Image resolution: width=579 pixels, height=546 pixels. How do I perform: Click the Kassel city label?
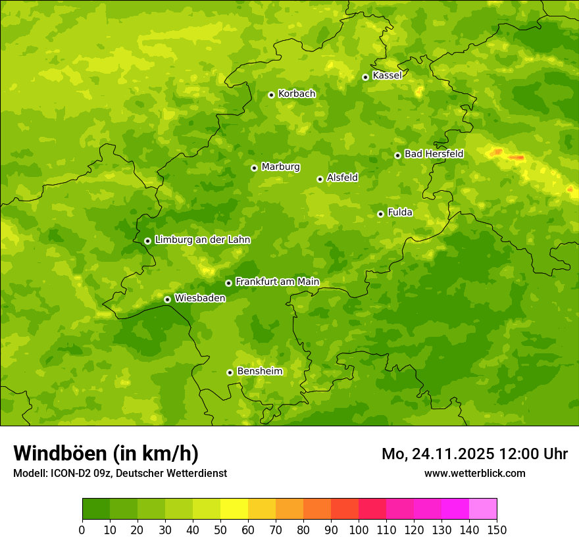(387, 76)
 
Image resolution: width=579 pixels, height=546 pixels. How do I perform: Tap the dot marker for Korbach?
(271, 95)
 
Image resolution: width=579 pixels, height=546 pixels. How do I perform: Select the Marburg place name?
(280, 167)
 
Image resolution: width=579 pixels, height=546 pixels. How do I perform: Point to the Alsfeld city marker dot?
(320, 179)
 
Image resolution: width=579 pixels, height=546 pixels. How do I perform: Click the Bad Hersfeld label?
(434, 154)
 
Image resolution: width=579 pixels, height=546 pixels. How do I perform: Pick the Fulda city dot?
(380, 214)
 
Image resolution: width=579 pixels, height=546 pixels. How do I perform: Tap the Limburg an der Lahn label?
(202, 240)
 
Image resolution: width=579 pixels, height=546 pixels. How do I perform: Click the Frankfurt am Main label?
(277, 282)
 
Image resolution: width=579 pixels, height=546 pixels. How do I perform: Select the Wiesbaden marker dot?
(167, 299)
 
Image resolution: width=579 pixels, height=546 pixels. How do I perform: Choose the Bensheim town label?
(259, 372)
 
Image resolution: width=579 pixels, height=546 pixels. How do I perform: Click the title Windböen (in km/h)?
(106, 453)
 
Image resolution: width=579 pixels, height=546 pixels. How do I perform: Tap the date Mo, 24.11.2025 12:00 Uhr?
(474, 454)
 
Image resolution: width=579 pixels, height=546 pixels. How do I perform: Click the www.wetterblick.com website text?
(474, 473)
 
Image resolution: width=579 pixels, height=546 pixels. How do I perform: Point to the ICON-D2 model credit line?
(120, 473)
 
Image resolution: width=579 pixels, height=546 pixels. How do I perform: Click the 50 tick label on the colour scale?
(220, 530)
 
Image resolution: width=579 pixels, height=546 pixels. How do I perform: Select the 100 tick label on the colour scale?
(358, 530)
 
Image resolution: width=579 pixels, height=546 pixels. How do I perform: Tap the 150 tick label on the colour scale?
(496, 530)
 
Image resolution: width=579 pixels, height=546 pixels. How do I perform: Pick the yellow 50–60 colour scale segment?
(234, 509)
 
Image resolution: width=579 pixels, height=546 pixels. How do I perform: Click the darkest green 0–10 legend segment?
(95, 509)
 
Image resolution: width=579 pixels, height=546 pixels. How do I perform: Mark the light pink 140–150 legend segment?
(482, 509)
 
